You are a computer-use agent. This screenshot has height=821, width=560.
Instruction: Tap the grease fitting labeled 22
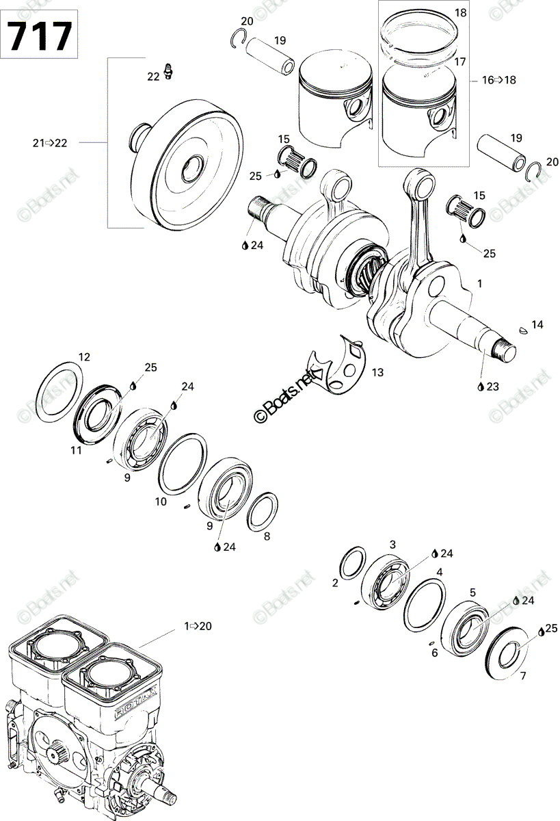coord(169,70)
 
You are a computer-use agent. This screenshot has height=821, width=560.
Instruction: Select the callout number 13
coord(377,372)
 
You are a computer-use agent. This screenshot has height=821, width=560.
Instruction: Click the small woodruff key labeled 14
coord(524,329)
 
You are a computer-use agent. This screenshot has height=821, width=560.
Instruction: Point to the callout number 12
coord(84,356)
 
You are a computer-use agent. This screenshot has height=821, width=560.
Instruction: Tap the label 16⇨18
coord(499,80)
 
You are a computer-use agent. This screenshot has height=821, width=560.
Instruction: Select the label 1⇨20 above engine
coord(198,625)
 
